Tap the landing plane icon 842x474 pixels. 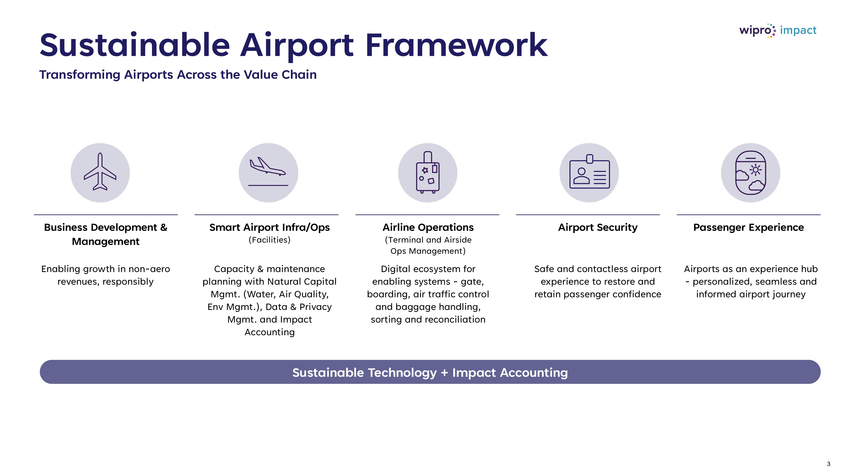[268, 171]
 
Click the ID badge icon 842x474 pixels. [589, 171]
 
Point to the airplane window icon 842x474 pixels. [750, 173]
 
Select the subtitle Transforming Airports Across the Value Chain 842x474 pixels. [178, 75]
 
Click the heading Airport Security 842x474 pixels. [598, 227]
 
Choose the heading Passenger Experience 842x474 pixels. [749, 227]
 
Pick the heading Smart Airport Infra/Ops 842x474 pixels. [269, 227]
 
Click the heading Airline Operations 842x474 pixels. [428, 227]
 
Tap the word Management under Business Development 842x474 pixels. [106, 241]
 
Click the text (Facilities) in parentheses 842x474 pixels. [269, 240]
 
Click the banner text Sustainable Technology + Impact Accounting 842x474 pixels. [430, 373]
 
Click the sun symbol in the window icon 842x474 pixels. [755, 170]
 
